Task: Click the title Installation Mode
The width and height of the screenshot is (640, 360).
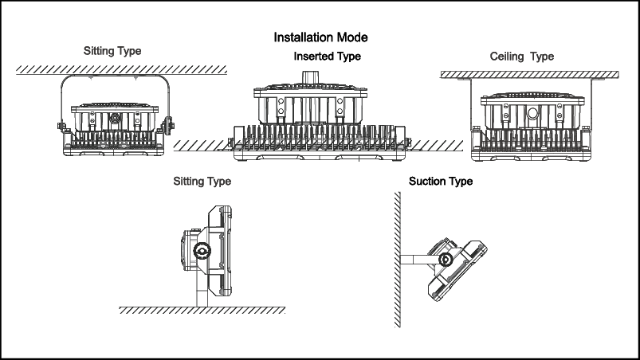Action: tap(320, 37)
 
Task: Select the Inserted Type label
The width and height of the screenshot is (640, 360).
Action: tap(327, 57)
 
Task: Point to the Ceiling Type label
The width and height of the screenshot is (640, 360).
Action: tap(521, 57)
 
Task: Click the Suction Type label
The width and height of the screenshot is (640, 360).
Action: tap(441, 182)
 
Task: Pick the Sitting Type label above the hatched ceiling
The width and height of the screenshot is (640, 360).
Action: tap(112, 51)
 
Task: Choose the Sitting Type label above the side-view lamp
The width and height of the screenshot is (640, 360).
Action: tap(202, 182)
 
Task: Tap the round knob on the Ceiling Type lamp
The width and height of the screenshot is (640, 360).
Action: tap(532, 113)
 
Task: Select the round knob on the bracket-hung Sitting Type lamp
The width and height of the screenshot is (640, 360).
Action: tap(115, 119)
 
